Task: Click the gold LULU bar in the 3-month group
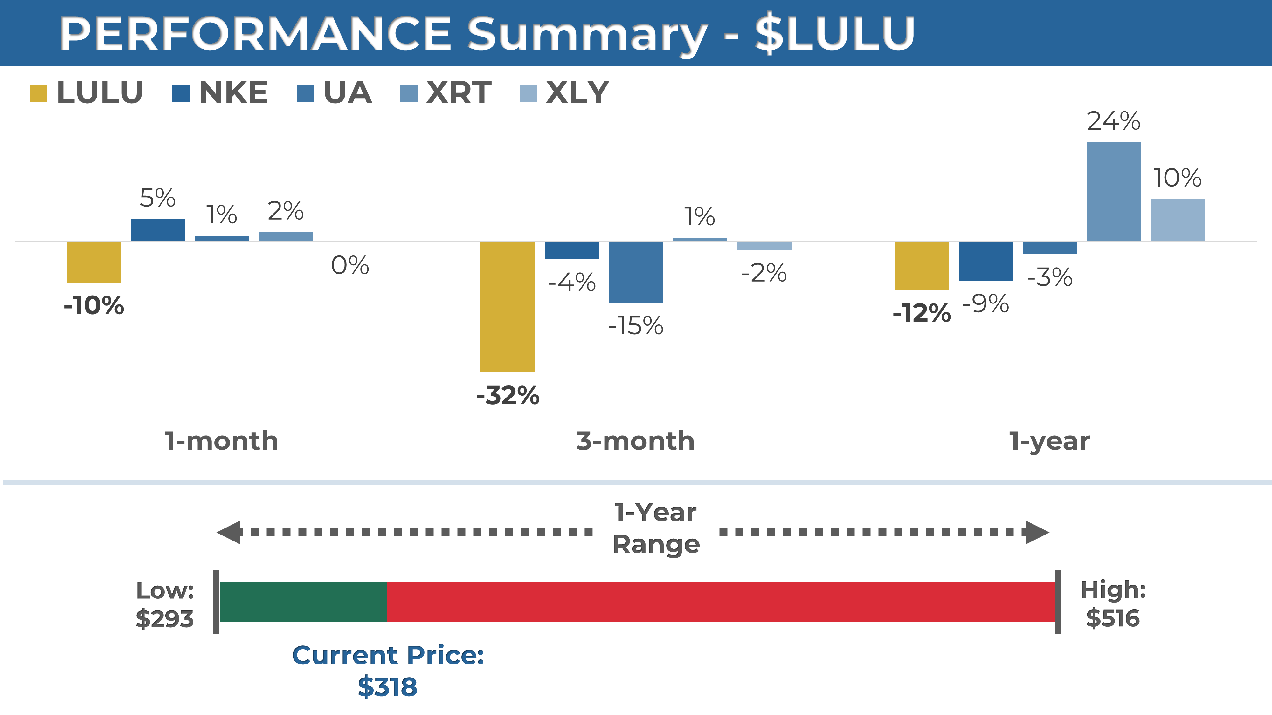click(x=508, y=306)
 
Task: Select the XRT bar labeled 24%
click(x=1114, y=191)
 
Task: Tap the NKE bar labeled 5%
click(x=158, y=230)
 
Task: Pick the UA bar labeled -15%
click(x=636, y=272)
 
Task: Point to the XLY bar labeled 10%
click(x=1178, y=220)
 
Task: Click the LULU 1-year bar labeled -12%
click(x=922, y=265)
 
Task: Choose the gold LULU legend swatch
click(x=38, y=93)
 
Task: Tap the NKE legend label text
click(x=233, y=93)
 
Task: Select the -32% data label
click(x=508, y=395)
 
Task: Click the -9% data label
click(x=985, y=303)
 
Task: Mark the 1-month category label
click(x=222, y=441)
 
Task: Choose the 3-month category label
click(x=635, y=441)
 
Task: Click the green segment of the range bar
click(x=303, y=602)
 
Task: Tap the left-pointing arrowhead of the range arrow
click(x=229, y=532)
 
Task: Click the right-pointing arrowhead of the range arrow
click(x=1037, y=532)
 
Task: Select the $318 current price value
click(x=388, y=687)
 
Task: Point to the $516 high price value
click(x=1113, y=618)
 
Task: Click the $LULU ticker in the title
click(x=835, y=34)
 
